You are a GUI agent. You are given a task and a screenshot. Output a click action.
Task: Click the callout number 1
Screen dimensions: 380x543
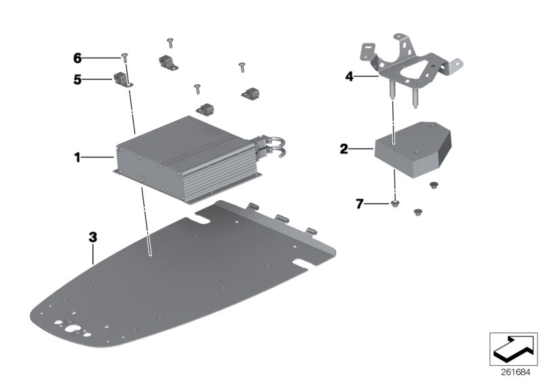(x=77, y=158)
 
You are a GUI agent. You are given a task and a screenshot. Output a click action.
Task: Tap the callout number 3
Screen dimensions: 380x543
(x=93, y=237)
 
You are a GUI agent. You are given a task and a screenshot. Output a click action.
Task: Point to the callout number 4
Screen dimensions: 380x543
(x=350, y=77)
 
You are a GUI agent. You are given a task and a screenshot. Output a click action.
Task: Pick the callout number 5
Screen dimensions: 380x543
(x=77, y=79)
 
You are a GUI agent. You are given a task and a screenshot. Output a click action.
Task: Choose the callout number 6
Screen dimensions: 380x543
(x=77, y=58)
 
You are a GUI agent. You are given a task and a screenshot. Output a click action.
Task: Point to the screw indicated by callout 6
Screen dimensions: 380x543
(x=125, y=56)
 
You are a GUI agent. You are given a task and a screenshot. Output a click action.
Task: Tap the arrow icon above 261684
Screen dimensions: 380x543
(x=513, y=348)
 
